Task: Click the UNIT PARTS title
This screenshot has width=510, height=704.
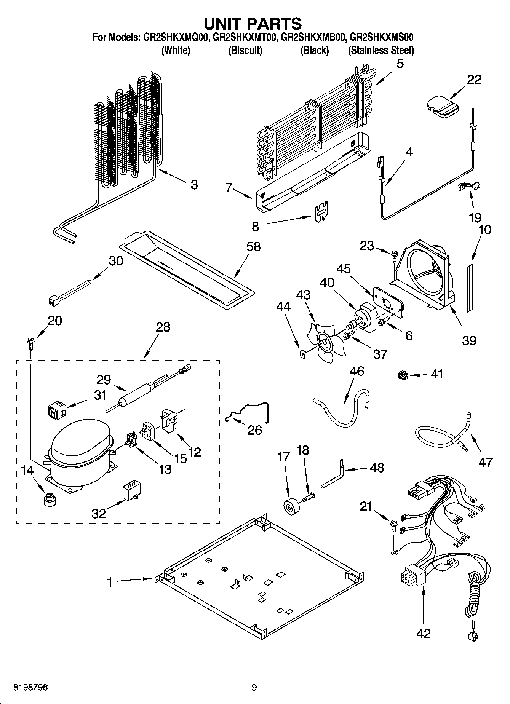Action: click(x=253, y=24)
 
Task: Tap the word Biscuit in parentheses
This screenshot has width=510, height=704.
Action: click(x=245, y=50)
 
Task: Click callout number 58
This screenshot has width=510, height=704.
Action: click(x=254, y=247)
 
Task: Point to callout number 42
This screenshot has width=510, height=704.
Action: click(x=423, y=633)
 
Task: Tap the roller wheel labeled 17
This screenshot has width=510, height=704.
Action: click(x=292, y=507)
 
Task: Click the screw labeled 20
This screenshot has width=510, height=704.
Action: click(x=30, y=343)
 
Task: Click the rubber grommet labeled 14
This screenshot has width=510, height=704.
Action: click(x=49, y=499)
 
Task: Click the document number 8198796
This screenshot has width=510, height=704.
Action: click(x=30, y=687)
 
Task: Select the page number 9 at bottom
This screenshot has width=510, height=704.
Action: click(x=254, y=687)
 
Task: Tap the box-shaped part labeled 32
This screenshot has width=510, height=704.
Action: click(x=129, y=492)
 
